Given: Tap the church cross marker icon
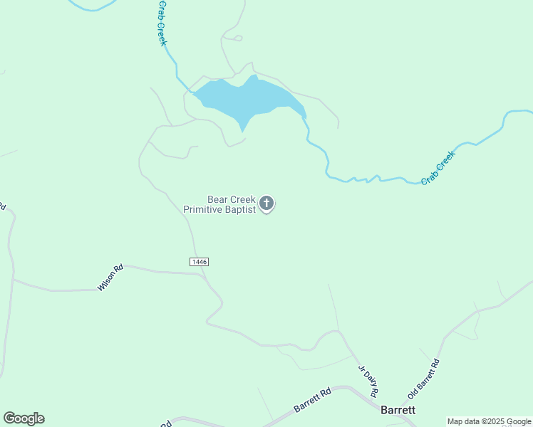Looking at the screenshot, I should pos(266,204).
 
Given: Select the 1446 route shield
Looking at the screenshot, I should pos(200,262).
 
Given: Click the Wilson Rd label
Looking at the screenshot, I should pos(110,278).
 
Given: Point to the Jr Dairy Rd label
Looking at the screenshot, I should pos(368,381).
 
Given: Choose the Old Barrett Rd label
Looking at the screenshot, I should pos(423,379).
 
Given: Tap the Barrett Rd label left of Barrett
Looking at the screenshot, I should pos(313,401).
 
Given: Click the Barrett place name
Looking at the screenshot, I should pos(398,410).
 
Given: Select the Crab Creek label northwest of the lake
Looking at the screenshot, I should pos(162,23).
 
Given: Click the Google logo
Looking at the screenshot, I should pos(24,418).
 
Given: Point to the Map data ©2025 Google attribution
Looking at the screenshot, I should pos(489,421).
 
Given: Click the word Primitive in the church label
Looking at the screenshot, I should pos(202,209).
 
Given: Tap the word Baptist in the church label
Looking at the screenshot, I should pos(239,209).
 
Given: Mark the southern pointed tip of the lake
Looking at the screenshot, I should pos(243,131).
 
